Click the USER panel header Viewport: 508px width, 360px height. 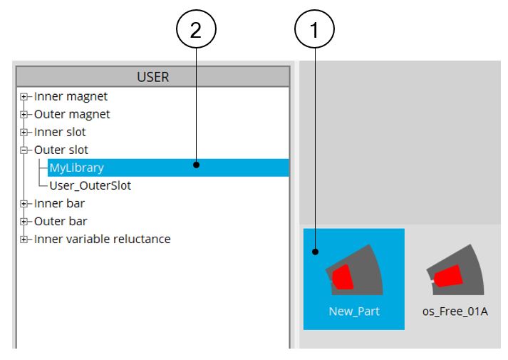coord(152,76)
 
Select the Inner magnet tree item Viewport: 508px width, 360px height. coord(71,96)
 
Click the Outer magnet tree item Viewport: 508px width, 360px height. coord(72,114)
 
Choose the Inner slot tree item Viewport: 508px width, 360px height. coord(60,132)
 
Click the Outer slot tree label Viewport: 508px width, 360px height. coord(61,150)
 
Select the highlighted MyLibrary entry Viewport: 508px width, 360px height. coord(76,168)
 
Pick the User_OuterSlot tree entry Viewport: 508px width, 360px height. coord(90,185)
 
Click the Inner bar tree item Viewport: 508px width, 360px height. coord(59,203)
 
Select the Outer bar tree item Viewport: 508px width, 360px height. coord(61,221)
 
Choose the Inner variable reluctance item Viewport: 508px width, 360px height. coord(102,239)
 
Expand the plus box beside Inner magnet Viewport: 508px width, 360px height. coord(24,96)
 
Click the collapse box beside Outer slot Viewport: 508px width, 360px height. coord(24,150)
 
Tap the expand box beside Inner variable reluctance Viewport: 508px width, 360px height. coord(24,239)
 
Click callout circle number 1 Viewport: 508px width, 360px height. coord(314,31)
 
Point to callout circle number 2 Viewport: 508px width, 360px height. coord(195,31)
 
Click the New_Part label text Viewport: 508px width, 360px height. coord(354,312)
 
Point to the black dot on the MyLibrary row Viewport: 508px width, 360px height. coord(195,165)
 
